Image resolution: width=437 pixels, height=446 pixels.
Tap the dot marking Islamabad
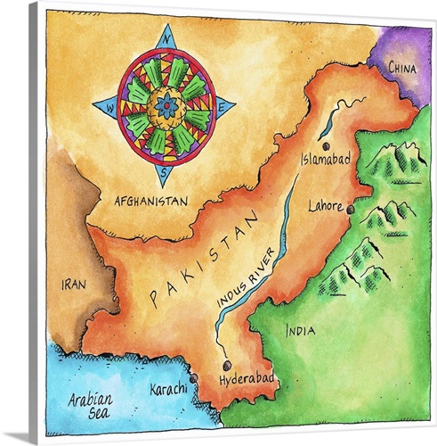[x=326, y=145]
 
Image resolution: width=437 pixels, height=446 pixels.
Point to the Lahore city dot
[x=351, y=210]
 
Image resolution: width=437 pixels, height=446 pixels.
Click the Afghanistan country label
[x=151, y=202]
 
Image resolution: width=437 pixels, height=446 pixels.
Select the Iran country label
[x=73, y=284]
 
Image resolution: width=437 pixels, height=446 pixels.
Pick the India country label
[x=299, y=331]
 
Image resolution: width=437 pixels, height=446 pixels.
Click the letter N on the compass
[x=166, y=37]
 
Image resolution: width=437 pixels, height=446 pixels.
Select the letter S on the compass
[x=166, y=173]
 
